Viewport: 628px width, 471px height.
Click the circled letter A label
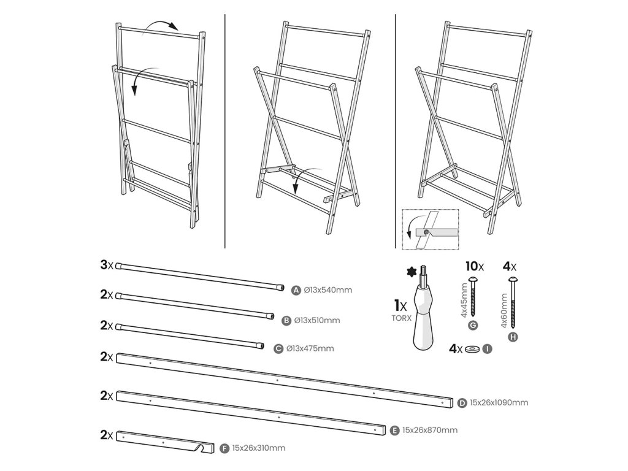point(296,290)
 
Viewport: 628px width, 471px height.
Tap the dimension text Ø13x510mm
point(317,320)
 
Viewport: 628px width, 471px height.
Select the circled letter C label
point(279,349)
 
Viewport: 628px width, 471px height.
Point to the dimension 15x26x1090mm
point(499,403)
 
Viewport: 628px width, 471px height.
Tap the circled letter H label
point(513,336)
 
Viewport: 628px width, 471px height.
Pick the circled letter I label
point(488,349)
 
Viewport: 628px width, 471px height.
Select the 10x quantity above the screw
point(473,267)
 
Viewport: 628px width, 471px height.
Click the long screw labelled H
point(513,301)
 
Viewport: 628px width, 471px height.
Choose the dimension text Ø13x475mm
point(311,349)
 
